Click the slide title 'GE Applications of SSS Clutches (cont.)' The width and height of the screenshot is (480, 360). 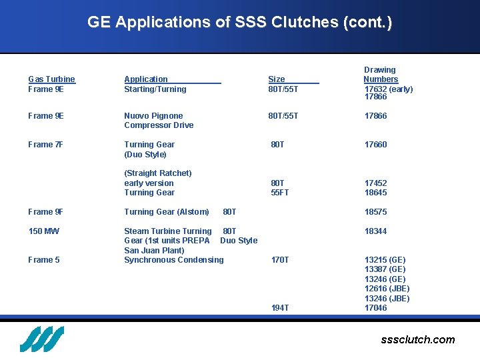click(239, 22)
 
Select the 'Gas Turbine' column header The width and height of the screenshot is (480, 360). click(51, 79)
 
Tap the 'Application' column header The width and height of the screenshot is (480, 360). click(146, 79)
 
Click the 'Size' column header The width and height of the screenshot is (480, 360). click(276, 79)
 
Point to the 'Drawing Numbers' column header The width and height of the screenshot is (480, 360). click(380, 75)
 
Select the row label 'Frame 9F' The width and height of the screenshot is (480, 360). click(46, 212)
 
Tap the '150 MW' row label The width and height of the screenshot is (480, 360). click(43, 231)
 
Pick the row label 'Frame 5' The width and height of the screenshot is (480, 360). click(44, 260)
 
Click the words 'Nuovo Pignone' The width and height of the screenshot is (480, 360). click(153, 116)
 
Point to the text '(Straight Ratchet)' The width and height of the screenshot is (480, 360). click(158, 173)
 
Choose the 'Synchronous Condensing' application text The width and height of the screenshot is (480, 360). click(174, 260)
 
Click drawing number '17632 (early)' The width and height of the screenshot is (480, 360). click(389, 89)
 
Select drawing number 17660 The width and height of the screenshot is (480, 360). click(375, 145)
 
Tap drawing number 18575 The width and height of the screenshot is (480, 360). click(375, 212)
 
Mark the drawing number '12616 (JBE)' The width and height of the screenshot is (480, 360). click(387, 289)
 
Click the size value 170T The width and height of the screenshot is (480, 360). click(280, 260)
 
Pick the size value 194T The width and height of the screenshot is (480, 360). click(280, 308)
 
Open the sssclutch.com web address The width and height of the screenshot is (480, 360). click(417, 340)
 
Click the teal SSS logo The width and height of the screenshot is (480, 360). click(41, 339)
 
